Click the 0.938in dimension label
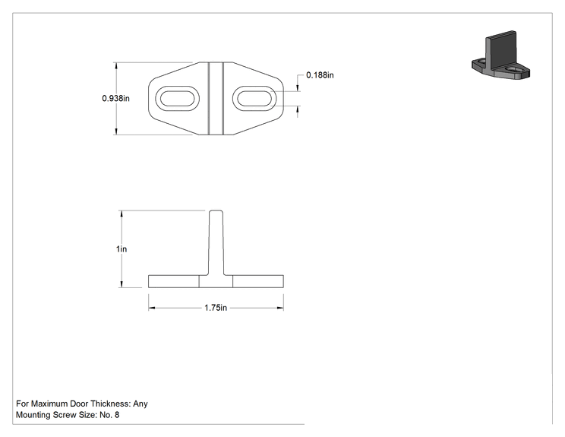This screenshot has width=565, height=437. [115, 99]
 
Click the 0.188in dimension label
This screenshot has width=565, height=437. [320, 75]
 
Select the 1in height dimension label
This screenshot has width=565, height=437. [122, 249]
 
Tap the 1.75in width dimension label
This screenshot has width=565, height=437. [216, 308]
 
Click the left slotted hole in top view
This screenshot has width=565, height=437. [177, 99]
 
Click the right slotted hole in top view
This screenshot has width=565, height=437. [254, 99]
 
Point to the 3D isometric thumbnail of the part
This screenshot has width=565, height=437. [501, 55]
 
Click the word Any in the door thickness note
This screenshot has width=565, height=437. [140, 404]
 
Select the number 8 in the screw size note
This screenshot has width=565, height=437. [117, 415]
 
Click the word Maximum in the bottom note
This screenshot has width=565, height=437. [49, 404]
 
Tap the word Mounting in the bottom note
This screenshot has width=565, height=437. [33, 415]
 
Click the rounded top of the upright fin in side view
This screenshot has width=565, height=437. [216, 211]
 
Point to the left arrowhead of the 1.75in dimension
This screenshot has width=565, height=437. [152, 308]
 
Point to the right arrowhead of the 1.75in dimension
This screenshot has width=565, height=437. [280, 308]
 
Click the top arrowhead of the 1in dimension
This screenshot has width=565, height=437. [122, 214]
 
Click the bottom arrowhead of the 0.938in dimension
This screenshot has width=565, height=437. [116, 131]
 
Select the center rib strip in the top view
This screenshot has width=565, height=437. [216, 99]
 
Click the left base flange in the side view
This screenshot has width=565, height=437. [174, 282]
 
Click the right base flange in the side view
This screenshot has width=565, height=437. [258, 282]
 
